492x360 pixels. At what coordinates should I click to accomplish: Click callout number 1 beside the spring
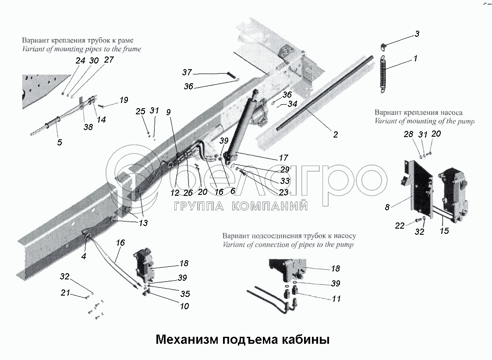click(415, 58)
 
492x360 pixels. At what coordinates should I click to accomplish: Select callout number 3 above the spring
click(417, 34)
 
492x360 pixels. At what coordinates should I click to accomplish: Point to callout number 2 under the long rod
click(335, 134)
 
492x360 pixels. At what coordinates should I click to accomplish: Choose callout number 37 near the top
click(187, 72)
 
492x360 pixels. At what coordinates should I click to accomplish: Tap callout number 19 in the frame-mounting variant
click(124, 100)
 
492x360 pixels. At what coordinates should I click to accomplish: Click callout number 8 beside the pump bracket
click(387, 207)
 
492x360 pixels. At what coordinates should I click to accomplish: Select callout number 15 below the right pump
click(444, 230)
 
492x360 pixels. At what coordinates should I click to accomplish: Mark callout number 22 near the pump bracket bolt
click(399, 226)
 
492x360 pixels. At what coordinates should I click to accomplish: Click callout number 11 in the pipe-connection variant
click(336, 299)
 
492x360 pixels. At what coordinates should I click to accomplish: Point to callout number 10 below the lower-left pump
click(184, 306)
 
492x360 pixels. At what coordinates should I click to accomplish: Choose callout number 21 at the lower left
click(65, 293)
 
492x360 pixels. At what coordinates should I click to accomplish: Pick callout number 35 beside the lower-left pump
click(185, 294)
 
